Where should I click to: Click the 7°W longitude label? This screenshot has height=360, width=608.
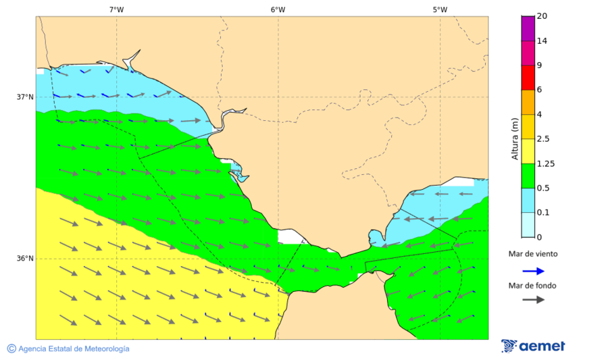click(116, 9)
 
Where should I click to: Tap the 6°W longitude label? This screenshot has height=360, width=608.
click(278, 9)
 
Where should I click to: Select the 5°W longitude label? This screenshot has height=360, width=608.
click(440, 9)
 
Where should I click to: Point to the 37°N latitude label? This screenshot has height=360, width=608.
click(25, 97)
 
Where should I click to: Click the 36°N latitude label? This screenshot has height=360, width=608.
click(25, 258)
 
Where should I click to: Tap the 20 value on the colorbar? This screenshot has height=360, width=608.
click(541, 16)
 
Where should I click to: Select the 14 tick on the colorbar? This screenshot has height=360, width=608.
click(541, 41)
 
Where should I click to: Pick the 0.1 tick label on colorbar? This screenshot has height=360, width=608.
click(543, 213)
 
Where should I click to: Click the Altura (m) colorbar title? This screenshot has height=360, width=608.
click(515, 139)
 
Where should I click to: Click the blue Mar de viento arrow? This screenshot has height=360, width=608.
click(533, 271)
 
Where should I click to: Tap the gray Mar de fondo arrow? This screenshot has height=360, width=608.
click(533, 299)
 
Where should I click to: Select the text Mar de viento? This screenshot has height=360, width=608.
click(533, 254)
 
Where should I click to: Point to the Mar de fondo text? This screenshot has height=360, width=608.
click(533, 285)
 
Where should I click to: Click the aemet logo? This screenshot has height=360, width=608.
click(533, 346)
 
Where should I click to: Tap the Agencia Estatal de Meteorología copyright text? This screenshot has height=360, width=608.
click(68, 349)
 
